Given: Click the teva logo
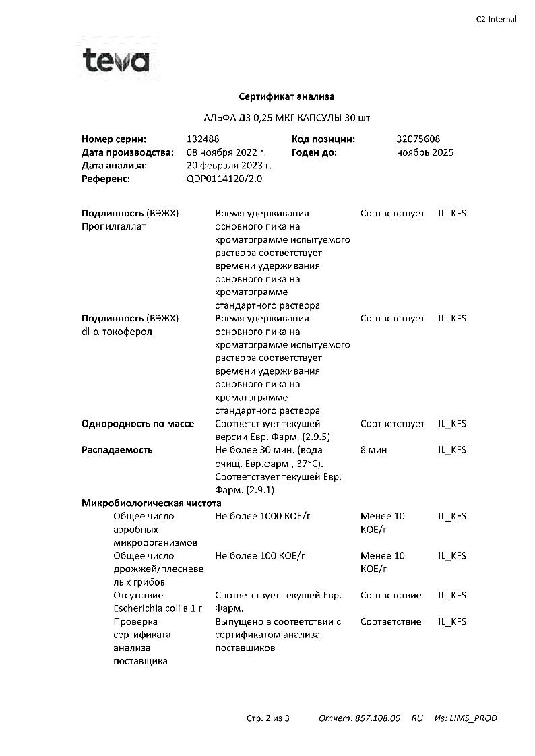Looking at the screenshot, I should [x=115, y=61].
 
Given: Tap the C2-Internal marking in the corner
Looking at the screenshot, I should [x=496, y=19].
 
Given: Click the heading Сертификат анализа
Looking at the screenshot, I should [x=287, y=96].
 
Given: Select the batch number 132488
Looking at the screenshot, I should [x=203, y=139].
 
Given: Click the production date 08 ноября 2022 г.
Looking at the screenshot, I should [x=226, y=152].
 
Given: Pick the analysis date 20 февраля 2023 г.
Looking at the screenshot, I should [x=229, y=166].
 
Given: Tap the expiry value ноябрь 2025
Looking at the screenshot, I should [x=425, y=152].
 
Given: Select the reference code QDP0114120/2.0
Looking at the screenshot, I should [x=224, y=179].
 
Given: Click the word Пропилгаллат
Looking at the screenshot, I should [x=114, y=226].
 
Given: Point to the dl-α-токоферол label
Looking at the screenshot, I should [x=117, y=332].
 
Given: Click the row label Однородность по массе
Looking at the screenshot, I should [x=137, y=424].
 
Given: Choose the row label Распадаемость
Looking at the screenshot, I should [x=117, y=450].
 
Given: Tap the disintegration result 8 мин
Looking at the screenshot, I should [x=374, y=450].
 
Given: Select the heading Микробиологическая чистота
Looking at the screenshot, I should [x=152, y=503].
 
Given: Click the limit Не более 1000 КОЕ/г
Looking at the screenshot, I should [x=266, y=516].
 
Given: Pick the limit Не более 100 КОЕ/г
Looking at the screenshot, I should [x=260, y=556].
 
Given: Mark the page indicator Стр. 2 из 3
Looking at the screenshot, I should [x=267, y=718].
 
